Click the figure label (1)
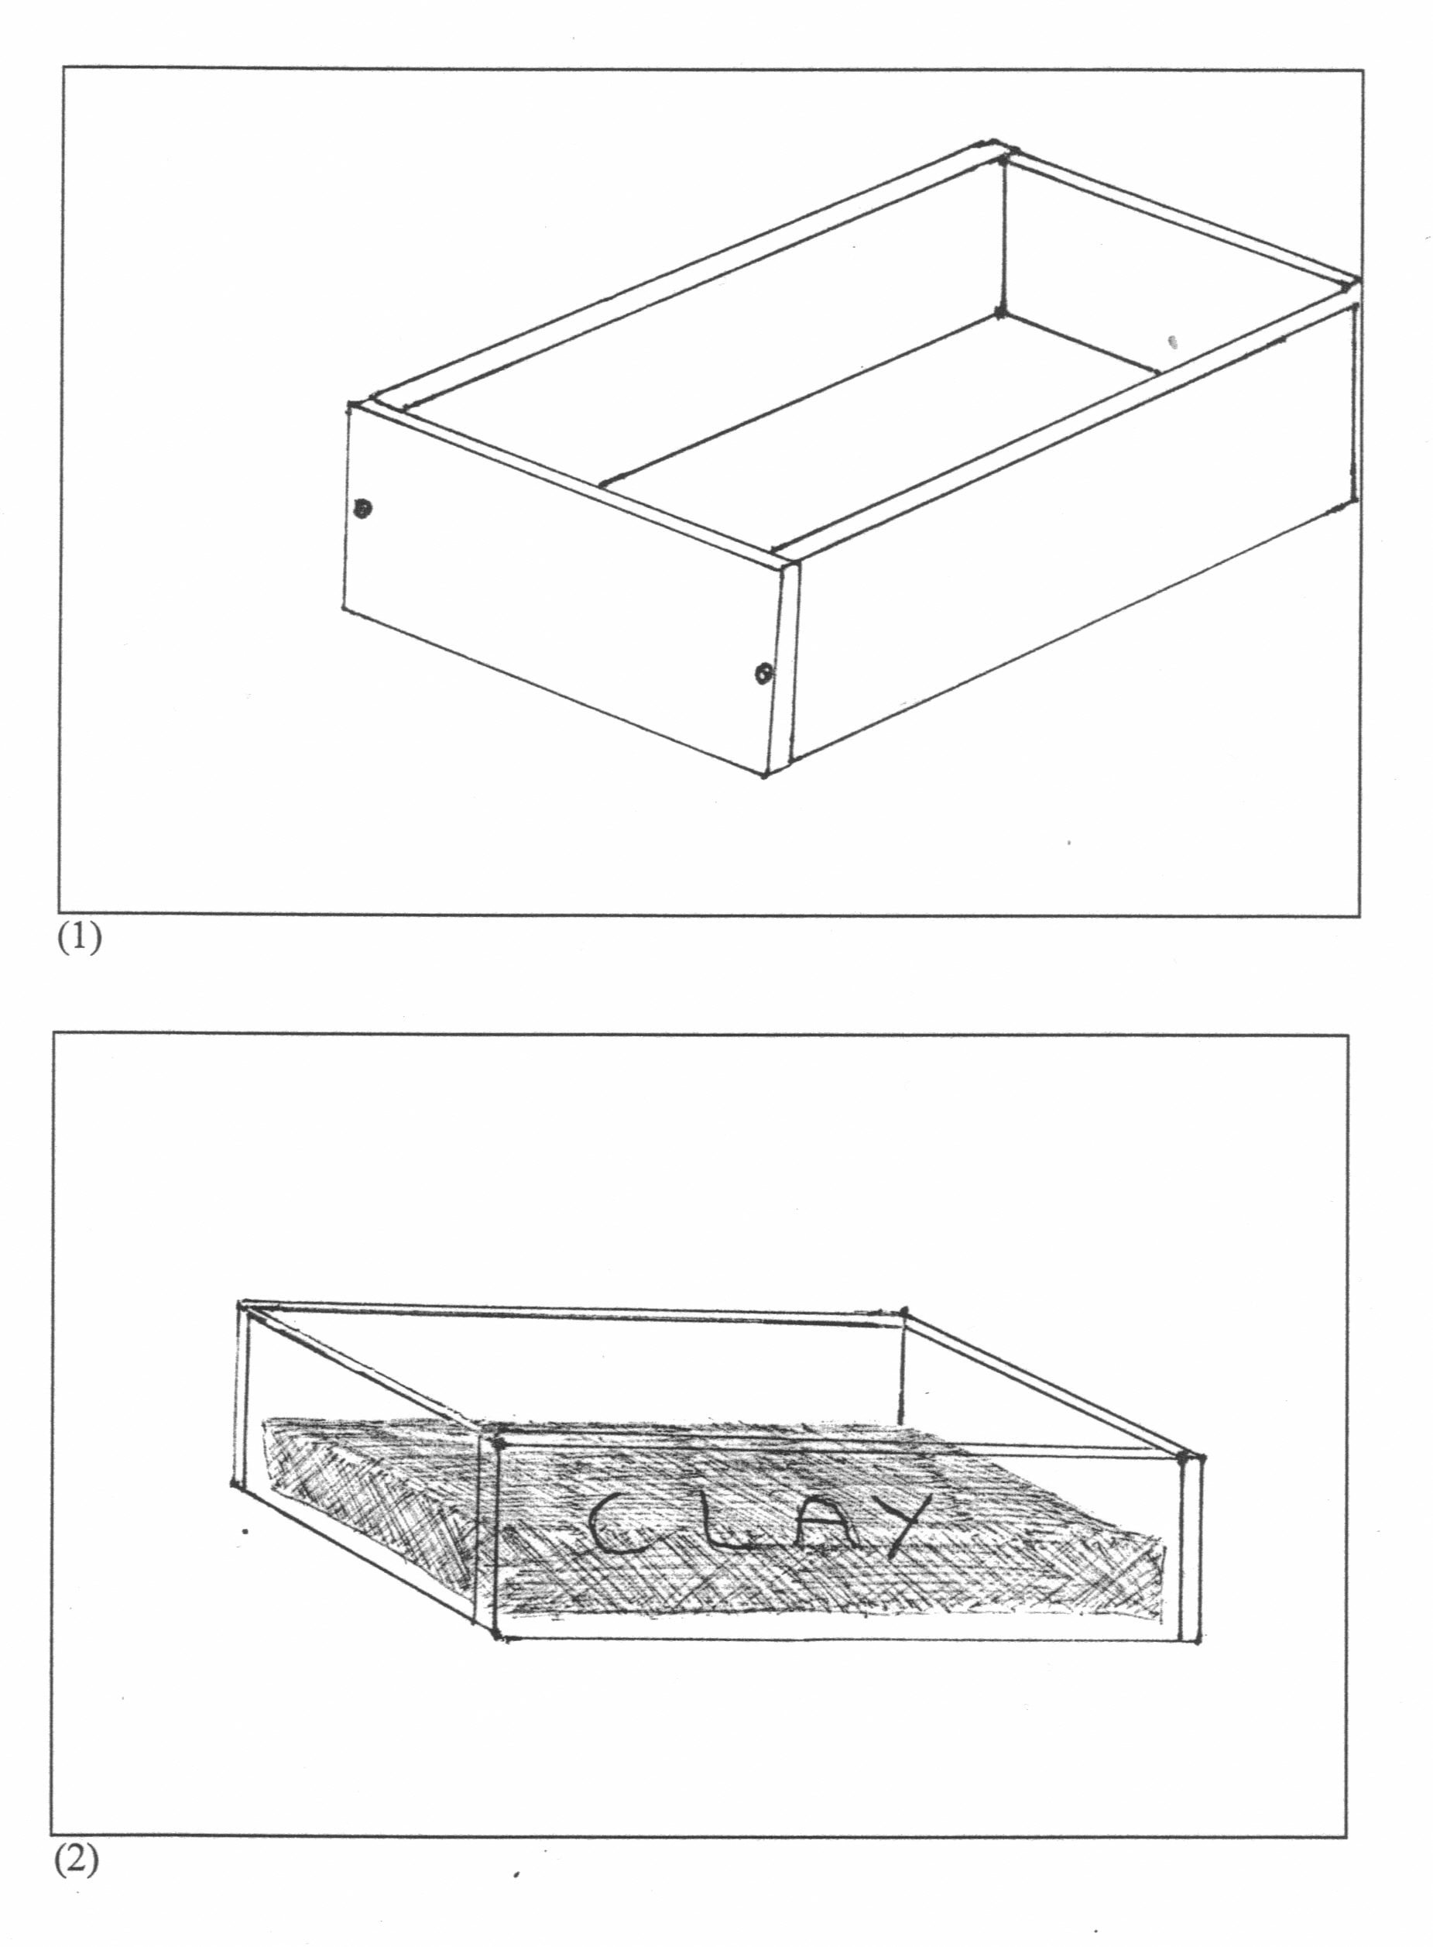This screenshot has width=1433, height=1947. click(x=79, y=938)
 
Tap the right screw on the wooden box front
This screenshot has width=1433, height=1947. click(x=763, y=672)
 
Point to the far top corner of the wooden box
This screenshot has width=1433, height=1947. click(x=996, y=144)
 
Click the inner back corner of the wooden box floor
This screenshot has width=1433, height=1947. click(x=1000, y=311)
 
